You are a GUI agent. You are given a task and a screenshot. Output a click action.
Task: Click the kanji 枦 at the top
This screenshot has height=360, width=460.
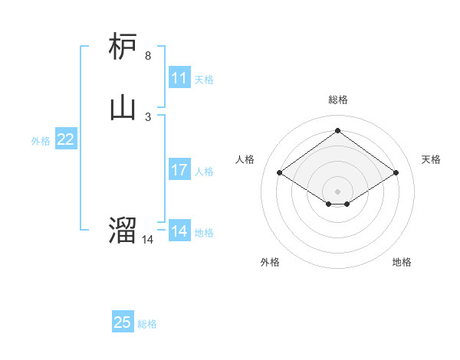pos(123,47)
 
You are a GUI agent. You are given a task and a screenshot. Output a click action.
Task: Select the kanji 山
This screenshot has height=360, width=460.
pos(123,107)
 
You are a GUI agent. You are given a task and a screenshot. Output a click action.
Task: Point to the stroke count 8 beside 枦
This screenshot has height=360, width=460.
pos(148,56)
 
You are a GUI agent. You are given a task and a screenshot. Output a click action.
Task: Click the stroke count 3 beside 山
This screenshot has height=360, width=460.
pos(148,116)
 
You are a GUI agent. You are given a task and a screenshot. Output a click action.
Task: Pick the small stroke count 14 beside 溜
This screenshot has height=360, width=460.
pos(148,240)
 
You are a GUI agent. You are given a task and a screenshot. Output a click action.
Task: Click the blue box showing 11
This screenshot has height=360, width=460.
pos(179,78)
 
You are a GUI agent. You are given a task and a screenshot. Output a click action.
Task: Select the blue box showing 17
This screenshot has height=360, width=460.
pos(179,170)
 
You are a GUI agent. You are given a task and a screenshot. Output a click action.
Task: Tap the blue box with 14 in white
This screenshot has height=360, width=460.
pos(179,231)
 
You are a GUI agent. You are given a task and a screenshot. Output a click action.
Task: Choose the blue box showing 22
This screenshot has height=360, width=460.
pos(66,139)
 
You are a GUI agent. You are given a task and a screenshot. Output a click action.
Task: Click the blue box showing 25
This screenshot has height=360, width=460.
pos(123,322)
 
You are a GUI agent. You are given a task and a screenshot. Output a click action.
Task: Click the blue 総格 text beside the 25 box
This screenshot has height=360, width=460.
pos(147,324)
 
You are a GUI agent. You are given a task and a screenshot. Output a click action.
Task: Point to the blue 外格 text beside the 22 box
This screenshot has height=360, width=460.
pos(41,141)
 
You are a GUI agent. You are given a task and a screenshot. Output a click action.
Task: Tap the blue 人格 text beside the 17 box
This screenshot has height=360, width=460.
pos(204,172)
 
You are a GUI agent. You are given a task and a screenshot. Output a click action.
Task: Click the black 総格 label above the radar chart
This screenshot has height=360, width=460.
pos(337,100)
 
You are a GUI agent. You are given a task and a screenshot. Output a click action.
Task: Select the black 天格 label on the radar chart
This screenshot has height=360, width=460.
pos(432,159)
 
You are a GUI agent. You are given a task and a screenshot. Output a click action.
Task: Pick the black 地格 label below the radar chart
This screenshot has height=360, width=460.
pos(402,263)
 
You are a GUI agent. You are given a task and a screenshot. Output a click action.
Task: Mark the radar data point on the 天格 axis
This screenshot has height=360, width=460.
pos(396,173)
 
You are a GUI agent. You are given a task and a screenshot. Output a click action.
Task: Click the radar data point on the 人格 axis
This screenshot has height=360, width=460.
pos(280,173)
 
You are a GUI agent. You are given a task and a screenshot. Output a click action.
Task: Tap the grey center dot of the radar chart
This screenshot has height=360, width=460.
pos(337,191)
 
